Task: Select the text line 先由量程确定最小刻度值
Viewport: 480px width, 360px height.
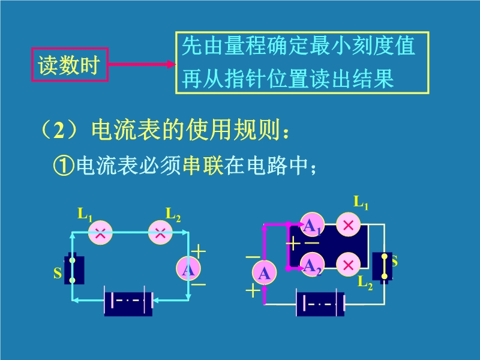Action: click(299, 46)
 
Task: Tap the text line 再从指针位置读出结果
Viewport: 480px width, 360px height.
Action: click(288, 79)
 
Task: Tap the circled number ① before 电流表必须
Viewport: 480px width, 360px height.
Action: click(64, 164)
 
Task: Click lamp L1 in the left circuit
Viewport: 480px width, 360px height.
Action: click(100, 233)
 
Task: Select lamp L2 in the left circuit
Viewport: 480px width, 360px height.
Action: click(160, 233)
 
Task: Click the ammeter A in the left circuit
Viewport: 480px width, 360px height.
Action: click(188, 270)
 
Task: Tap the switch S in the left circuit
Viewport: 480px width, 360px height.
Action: click(73, 270)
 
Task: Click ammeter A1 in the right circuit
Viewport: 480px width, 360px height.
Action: click(312, 226)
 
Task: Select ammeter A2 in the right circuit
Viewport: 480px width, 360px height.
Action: click(312, 264)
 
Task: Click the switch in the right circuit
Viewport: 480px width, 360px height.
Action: click(382, 266)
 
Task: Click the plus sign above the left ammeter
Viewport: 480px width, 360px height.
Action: click(198, 251)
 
